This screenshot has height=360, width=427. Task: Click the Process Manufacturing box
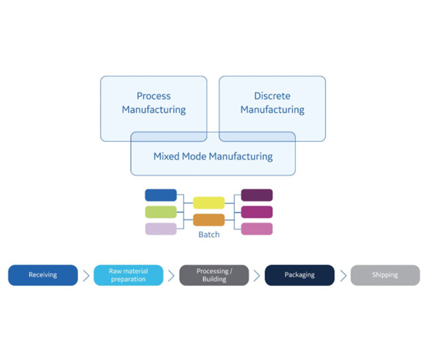154,103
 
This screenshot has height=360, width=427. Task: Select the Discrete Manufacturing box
272,103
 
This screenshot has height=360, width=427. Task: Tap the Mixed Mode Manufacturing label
213,157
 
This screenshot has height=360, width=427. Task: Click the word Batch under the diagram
209,234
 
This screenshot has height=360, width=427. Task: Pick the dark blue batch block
161,195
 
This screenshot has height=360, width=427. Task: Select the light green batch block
161,212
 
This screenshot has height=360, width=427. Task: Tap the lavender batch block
161,228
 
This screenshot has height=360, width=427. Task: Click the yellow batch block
209,203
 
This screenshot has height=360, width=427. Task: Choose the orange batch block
209,219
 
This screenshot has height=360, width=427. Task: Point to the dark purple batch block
257,195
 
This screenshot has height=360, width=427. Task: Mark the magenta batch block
257,212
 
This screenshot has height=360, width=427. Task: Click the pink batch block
257,228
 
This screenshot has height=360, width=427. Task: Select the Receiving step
43,275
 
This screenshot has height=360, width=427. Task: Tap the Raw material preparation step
128,275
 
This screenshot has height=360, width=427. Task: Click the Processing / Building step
214,275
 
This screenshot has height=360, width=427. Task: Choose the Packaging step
299,275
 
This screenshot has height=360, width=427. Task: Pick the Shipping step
385,275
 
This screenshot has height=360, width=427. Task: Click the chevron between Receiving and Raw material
86,275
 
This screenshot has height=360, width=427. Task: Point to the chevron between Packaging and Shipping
343,275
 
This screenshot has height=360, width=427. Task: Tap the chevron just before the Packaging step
257,275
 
